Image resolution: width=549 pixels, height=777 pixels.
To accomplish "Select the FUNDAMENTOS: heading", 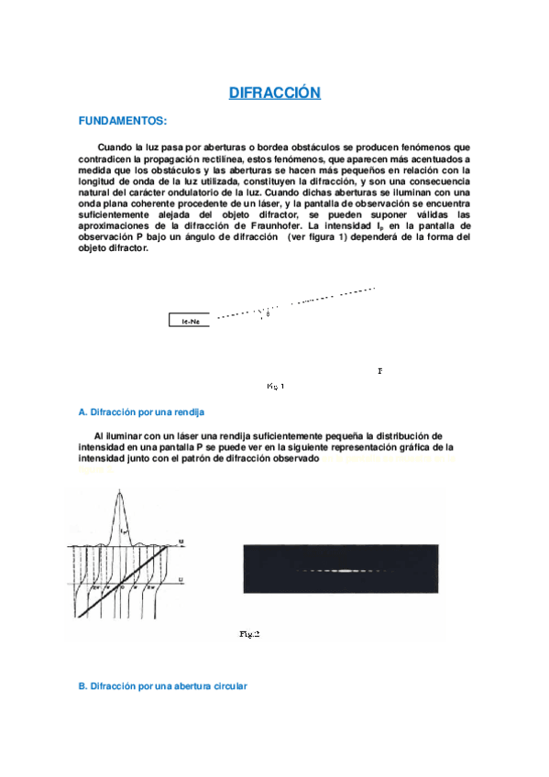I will [123, 120].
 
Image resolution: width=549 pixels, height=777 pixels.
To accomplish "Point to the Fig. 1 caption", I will [275, 386].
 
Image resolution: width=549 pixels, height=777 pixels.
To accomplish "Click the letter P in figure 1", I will [379, 371].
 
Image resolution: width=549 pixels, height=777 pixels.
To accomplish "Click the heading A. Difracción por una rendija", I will [141, 412].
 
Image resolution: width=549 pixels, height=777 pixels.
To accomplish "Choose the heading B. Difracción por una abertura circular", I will [162, 685].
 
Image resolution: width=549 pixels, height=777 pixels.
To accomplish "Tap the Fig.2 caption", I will [249, 633].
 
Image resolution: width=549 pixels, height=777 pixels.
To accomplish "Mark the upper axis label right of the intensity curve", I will [181, 542].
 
